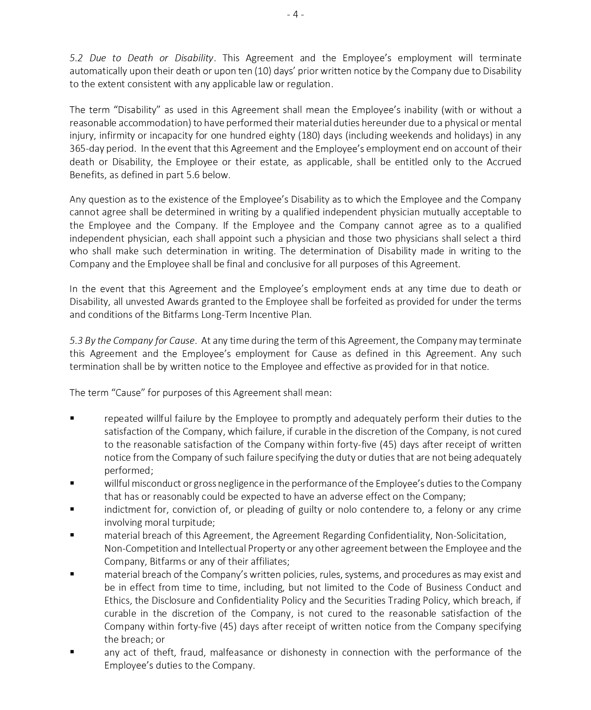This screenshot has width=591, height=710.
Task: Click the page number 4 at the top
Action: pyautogui.click(x=295, y=14)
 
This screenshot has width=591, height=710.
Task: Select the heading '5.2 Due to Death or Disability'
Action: pyautogui.click(x=141, y=58)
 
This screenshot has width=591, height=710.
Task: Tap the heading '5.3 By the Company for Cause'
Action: pyautogui.click(x=132, y=341)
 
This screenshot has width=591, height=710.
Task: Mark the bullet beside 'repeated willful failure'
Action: pyautogui.click(x=72, y=418)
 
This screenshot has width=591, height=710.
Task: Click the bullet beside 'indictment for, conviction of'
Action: pyautogui.click(x=72, y=509)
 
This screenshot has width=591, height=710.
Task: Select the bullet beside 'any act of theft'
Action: pyautogui.click(x=72, y=652)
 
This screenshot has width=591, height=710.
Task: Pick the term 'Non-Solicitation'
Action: pyautogui.click(x=471, y=536)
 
